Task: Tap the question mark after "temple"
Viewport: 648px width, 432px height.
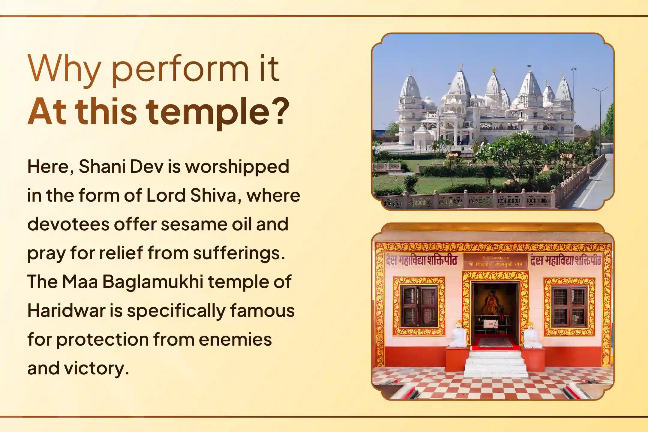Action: point(280,111)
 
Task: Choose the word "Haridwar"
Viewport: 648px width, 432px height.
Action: point(66,311)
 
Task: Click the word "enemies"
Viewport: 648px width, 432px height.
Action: point(235,340)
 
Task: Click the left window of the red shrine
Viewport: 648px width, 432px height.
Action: point(419,306)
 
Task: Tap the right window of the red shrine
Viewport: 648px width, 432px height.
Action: point(569,306)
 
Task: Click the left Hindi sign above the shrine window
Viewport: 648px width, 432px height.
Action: point(421,260)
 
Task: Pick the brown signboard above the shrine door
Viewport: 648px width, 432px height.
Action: point(495,261)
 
